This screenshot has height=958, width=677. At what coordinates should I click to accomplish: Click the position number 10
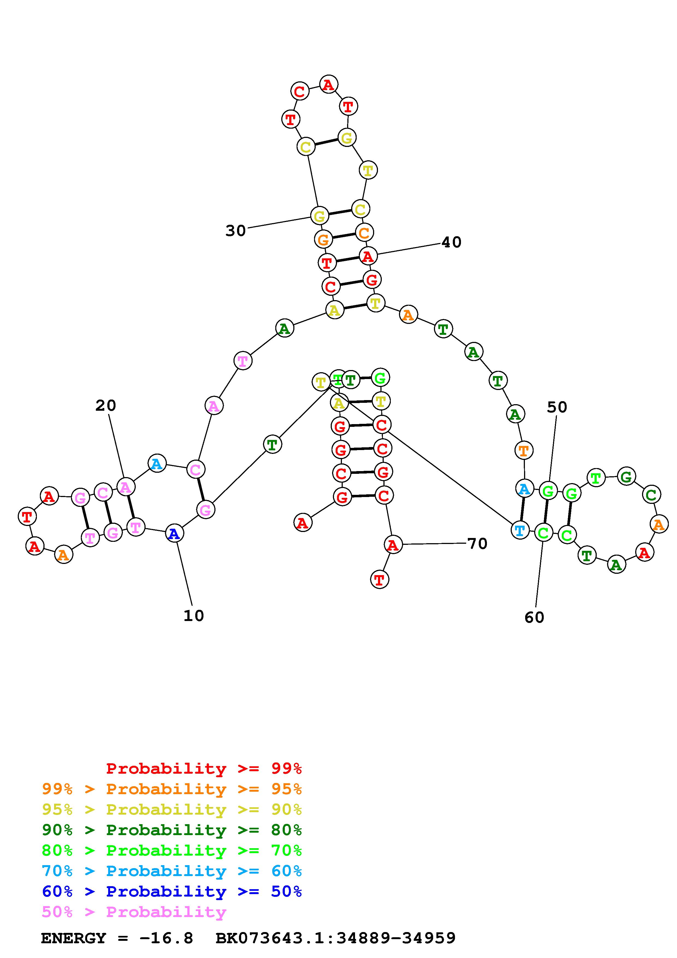tap(194, 616)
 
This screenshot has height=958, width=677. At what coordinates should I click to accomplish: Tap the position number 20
tap(105, 406)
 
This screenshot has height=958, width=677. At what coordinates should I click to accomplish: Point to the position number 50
tap(557, 407)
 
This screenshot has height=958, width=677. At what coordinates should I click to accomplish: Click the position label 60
tap(534, 617)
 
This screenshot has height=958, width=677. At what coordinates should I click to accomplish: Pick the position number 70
tap(477, 544)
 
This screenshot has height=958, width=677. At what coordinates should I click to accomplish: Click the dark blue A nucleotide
tap(174, 534)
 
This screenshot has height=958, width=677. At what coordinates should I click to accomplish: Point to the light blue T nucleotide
tap(520, 531)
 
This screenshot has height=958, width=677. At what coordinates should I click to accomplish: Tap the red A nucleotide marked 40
tap(368, 256)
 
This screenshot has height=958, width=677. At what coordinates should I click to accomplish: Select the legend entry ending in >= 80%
tap(172, 830)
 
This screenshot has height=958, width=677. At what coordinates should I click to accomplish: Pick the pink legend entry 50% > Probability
tap(134, 912)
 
